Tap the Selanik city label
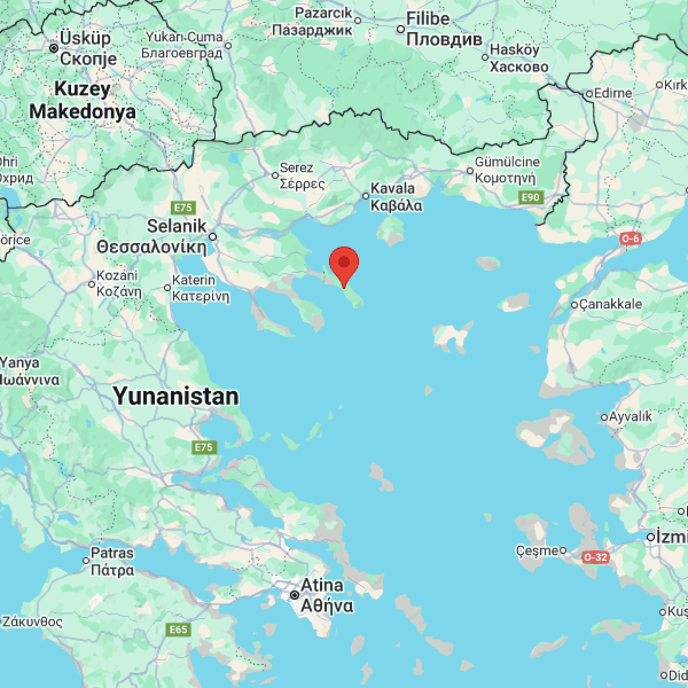click(x=176, y=226)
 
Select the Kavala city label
click(x=393, y=188)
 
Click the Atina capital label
click(x=322, y=586)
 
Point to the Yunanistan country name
click(x=175, y=396)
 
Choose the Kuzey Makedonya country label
click(x=83, y=100)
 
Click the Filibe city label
click(x=428, y=19)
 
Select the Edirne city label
click(x=612, y=93)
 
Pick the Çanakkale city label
click(x=610, y=304)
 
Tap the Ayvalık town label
click(x=630, y=417)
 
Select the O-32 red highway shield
click(x=596, y=557)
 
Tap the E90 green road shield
click(x=529, y=198)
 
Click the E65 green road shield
click(x=178, y=630)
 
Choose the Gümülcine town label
click(x=507, y=162)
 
